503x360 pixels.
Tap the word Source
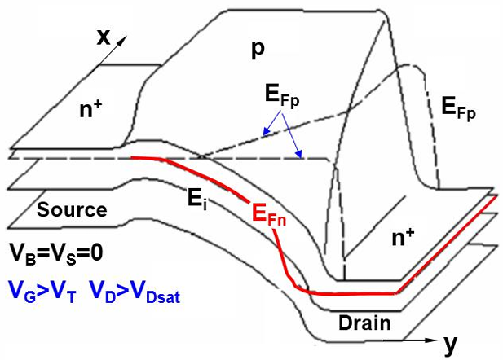coord(72,209)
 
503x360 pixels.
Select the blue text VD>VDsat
coord(133,291)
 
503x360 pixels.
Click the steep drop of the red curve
coord(281,252)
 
